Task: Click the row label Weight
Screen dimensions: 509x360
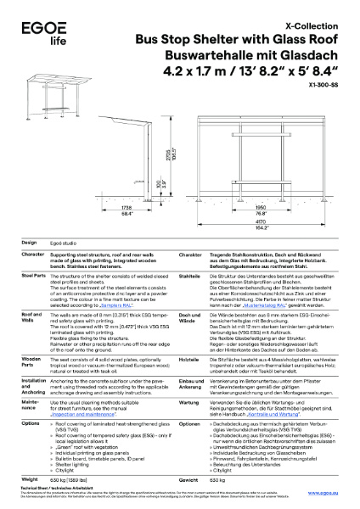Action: pos(30,479)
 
